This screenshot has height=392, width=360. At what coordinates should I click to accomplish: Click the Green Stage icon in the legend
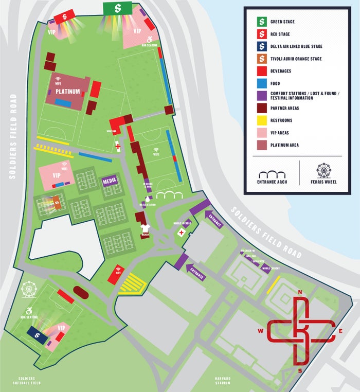coord(261,22)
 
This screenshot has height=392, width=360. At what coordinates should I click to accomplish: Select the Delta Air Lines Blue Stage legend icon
coord(261,46)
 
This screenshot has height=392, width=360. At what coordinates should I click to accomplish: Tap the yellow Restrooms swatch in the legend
coord(261,120)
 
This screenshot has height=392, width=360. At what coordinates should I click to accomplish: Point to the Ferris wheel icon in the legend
coord(324,170)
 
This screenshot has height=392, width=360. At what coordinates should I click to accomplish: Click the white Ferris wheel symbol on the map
coord(29,289)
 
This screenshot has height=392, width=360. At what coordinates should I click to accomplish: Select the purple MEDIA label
coord(110,181)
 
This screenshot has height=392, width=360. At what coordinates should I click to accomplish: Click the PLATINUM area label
coord(68,92)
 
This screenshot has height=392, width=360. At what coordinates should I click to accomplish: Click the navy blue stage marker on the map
coord(38,334)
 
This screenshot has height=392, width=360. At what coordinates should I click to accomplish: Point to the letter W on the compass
coord(261,331)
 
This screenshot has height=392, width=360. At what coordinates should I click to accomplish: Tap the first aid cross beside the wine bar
coord(118,147)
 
